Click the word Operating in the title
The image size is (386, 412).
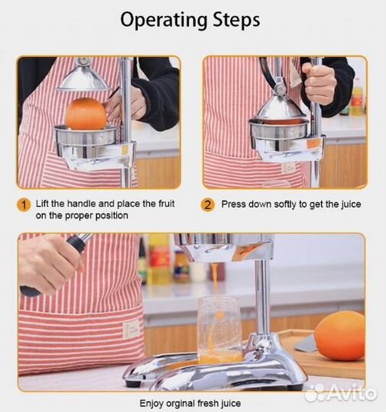point(164,21)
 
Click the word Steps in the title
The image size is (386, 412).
point(236,20)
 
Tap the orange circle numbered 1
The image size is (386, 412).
point(24,205)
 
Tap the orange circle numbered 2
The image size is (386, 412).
point(207,204)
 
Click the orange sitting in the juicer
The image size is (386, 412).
point(86,114)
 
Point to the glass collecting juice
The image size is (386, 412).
point(219,330)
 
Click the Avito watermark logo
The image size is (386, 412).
point(342,393)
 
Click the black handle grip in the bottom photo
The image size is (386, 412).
point(76,243)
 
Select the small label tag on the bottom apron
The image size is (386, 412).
point(131,330)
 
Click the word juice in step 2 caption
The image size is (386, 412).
point(351,204)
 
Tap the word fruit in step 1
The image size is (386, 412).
point(166,204)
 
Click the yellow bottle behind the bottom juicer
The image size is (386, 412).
point(158,259)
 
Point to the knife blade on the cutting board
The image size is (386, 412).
point(306,344)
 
